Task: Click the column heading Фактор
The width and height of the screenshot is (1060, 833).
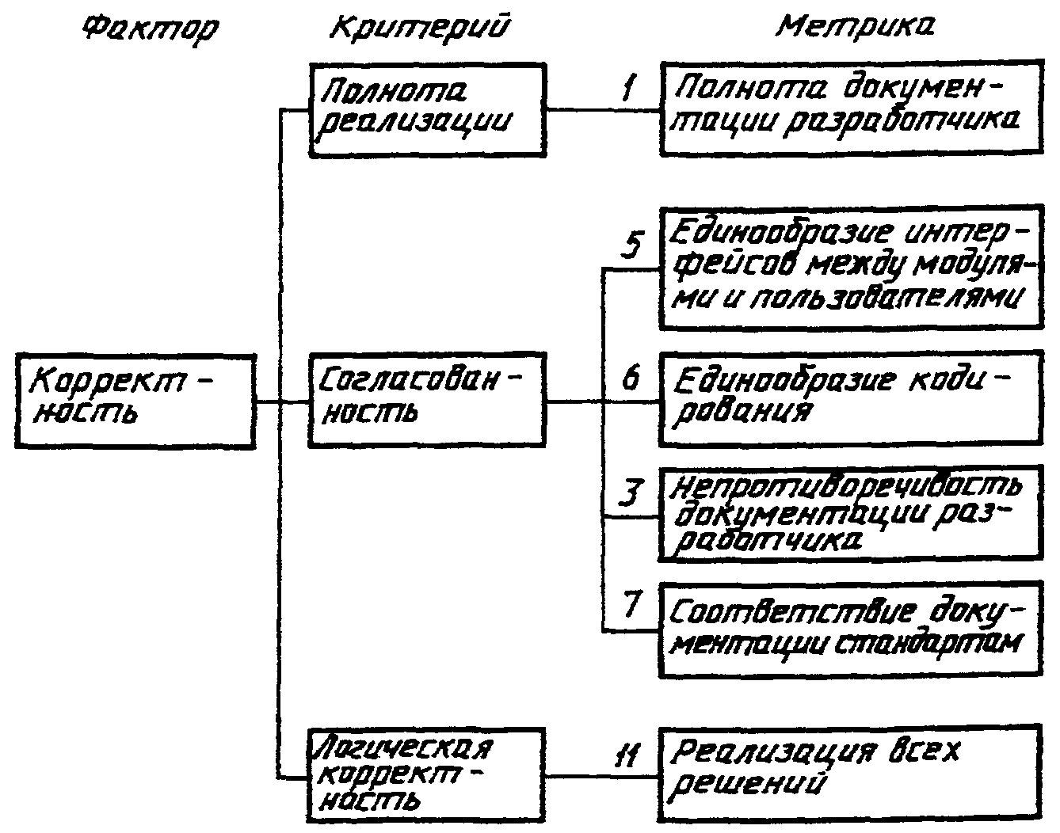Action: (x=150, y=29)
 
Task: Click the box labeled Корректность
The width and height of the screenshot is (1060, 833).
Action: (x=135, y=403)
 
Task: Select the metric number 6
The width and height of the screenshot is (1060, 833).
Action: (x=631, y=378)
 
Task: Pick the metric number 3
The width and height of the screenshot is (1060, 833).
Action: (x=630, y=493)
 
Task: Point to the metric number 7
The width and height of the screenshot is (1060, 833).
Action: (x=631, y=604)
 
